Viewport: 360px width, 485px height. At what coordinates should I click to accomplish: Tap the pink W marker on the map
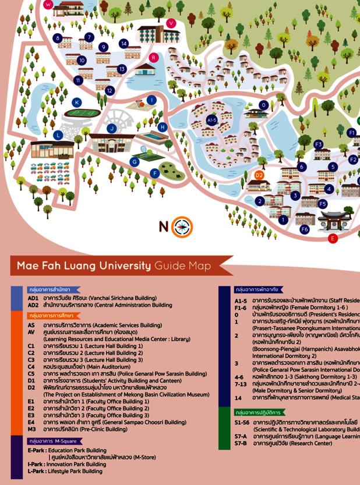(48, 4)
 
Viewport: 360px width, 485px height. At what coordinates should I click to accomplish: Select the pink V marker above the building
(171, 23)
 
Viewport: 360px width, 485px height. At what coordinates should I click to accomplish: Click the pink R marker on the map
(153, 57)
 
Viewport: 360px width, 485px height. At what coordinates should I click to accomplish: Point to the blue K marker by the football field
(77, 102)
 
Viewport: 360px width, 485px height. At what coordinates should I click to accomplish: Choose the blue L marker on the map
(58, 135)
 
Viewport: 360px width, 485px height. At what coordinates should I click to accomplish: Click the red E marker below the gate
(333, 238)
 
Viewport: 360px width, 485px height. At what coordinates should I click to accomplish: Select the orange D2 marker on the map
(259, 175)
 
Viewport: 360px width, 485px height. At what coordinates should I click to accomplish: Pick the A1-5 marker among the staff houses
(212, 120)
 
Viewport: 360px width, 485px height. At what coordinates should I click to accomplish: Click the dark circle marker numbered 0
(264, 105)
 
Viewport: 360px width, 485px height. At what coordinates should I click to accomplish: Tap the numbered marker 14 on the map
(123, 44)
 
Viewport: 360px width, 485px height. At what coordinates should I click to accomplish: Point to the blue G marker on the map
(135, 161)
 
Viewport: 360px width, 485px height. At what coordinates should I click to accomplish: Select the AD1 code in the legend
(33, 297)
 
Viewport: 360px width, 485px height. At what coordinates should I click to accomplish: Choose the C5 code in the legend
(31, 373)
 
